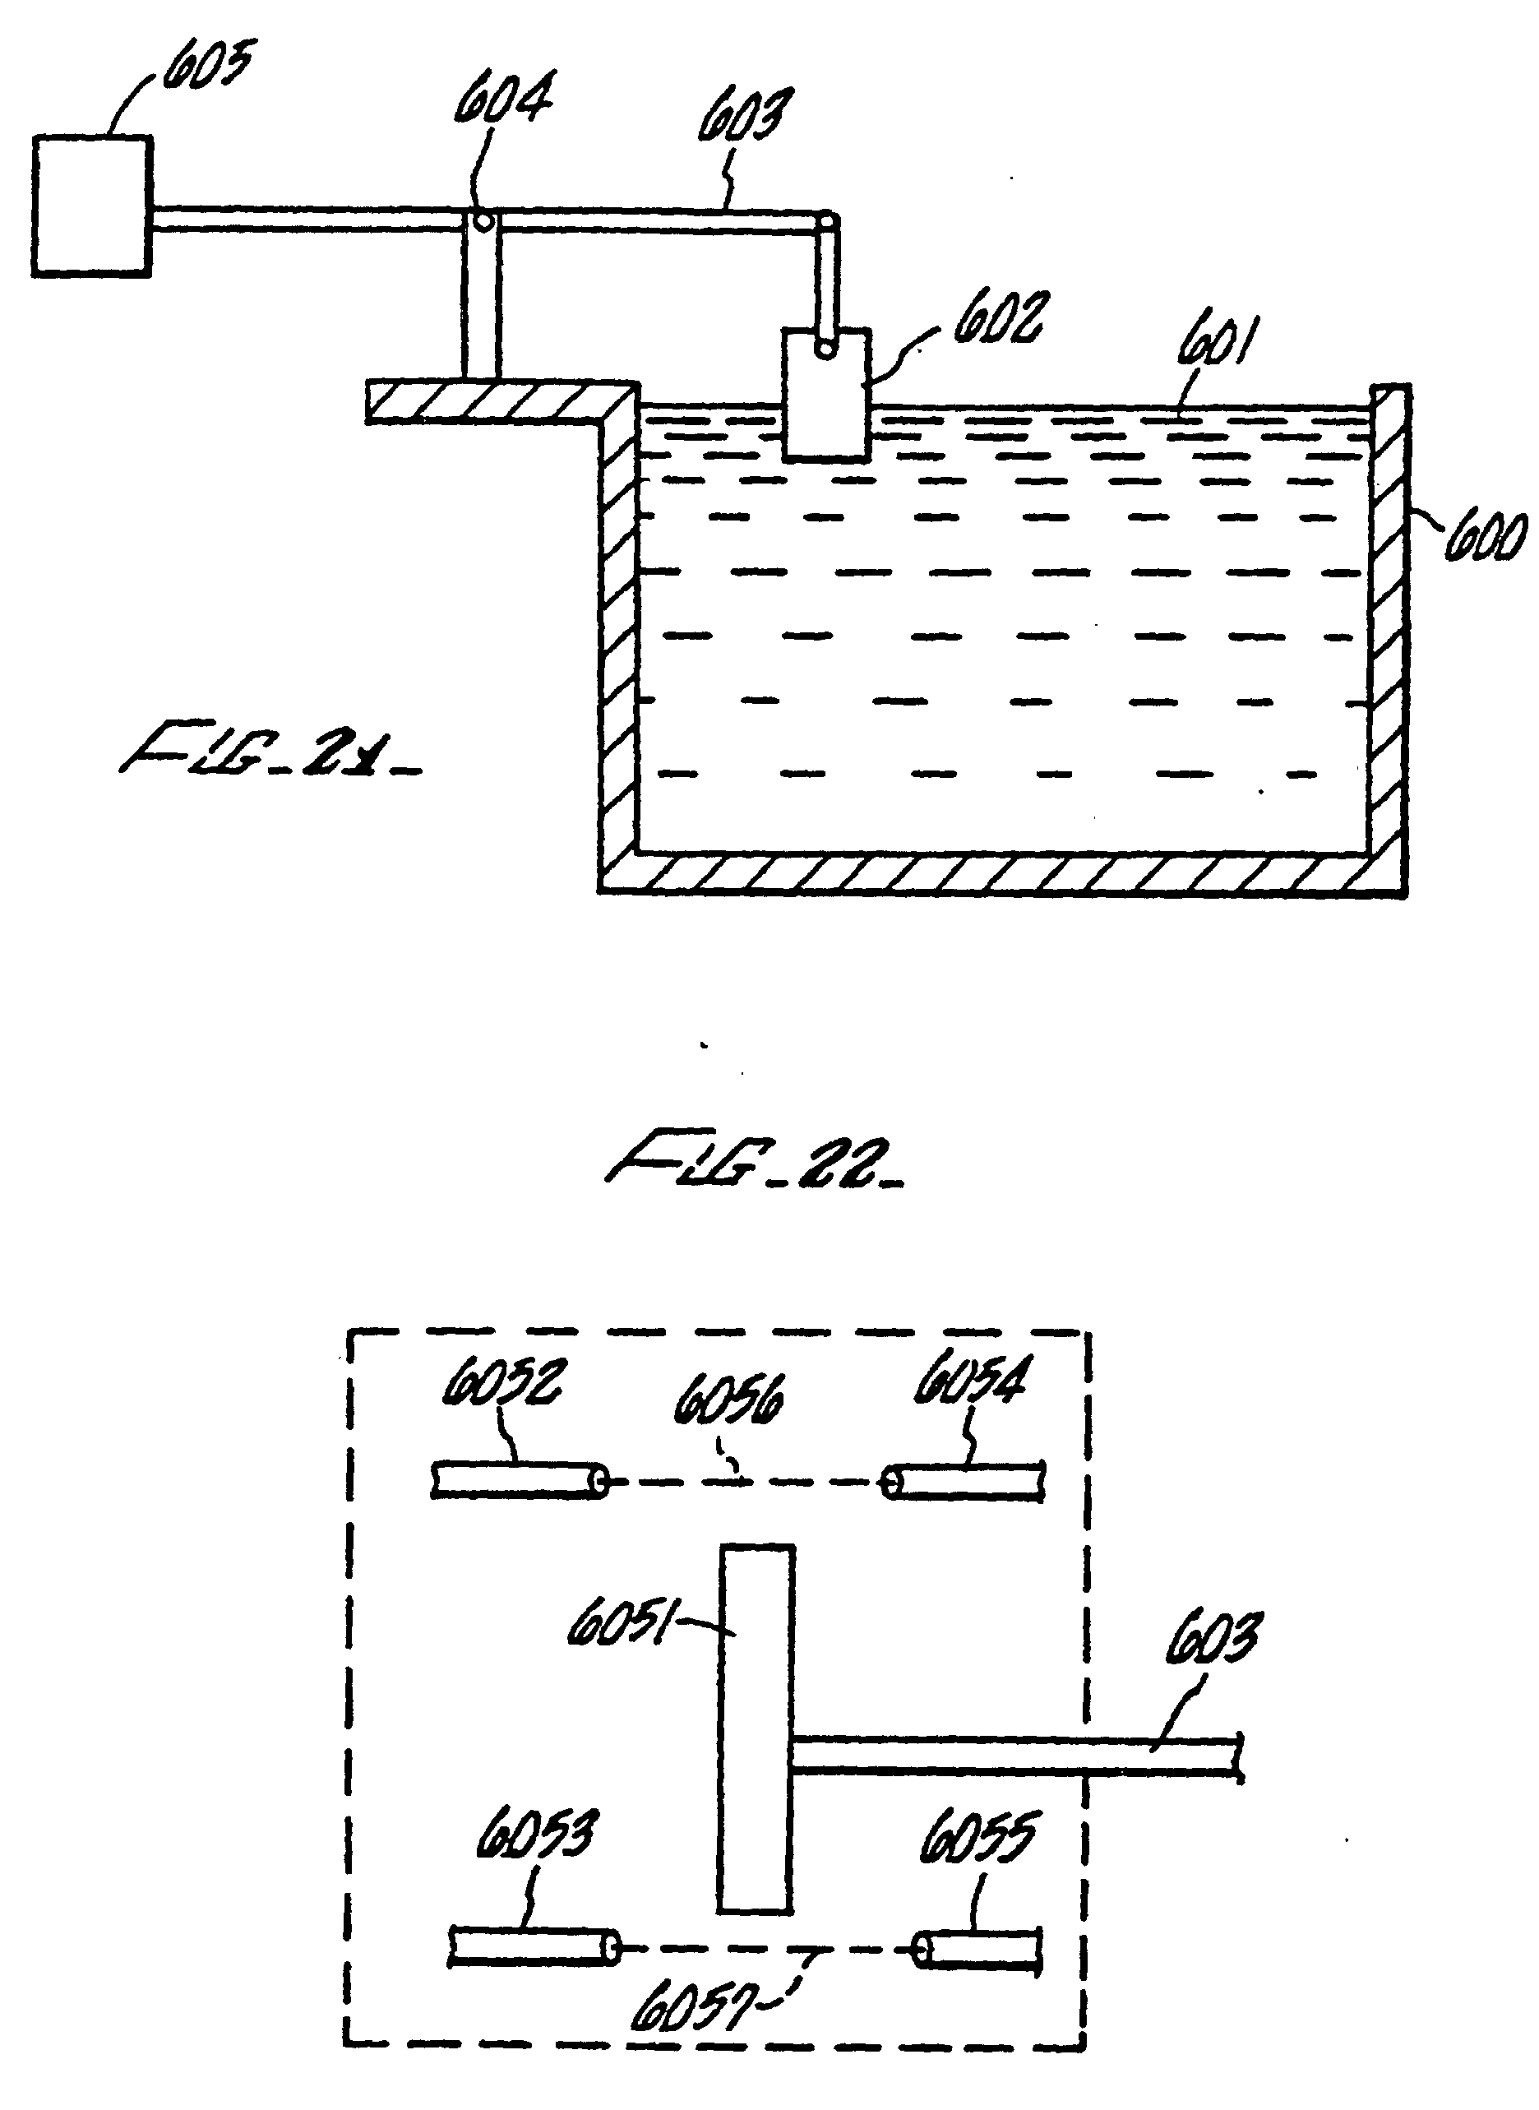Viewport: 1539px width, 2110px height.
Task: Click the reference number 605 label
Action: point(208,67)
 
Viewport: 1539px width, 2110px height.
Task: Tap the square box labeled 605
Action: point(91,206)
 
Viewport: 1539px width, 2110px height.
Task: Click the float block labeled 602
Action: point(826,394)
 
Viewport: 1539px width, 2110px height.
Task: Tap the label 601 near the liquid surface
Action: point(1216,343)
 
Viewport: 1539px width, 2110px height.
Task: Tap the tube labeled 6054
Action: point(964,1481)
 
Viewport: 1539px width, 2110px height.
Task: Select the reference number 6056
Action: point(728,1400)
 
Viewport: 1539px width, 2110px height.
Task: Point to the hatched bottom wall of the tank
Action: point(1001,873)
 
